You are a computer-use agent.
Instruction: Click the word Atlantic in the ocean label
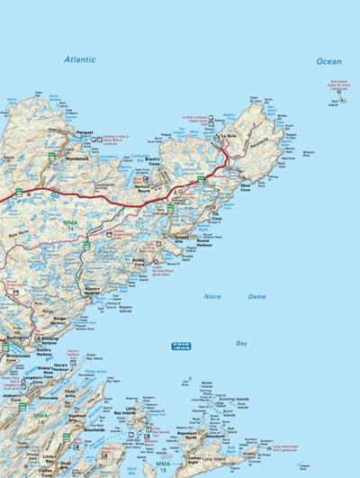[x=79, y=59]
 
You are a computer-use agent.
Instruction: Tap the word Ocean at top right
[x=328, y=61]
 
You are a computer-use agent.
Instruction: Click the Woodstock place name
[x=77, y=158]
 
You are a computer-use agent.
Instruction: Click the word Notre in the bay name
[x=211, y=295]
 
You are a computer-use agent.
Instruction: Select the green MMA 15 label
[x=161, y=466]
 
